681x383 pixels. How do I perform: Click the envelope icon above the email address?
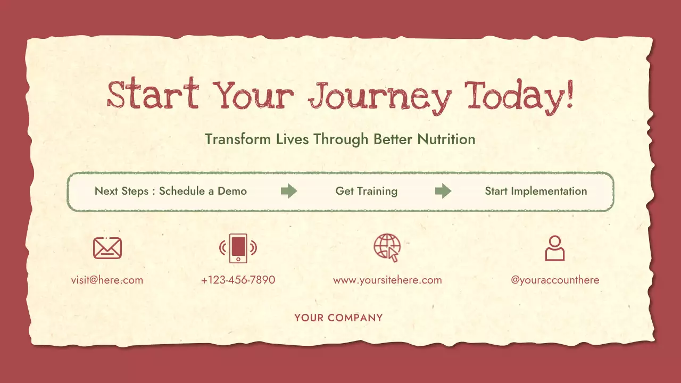(107, 248)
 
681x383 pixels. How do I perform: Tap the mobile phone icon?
(238, 248)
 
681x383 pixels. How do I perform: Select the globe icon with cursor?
(387, 247)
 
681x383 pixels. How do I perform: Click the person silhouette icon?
(554, 248)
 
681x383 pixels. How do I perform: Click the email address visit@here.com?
(107, 280)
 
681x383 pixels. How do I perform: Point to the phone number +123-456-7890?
(238, 280)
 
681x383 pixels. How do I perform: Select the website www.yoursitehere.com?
(387, 280)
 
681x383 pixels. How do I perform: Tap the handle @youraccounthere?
(555, 280)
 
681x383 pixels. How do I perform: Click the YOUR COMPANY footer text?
(338, 318)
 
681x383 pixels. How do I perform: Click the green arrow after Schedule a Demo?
(288, 191)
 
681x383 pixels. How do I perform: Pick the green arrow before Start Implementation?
(443, 191)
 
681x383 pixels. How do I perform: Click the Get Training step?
(366, 191)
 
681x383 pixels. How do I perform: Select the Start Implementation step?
(536, 191)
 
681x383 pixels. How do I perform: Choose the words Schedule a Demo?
(203, 191)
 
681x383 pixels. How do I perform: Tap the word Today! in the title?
(520, 96)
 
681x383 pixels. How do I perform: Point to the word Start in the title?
(153, 95)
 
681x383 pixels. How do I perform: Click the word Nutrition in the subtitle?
(446, 139)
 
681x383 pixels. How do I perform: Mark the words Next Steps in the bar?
(121, 191)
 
